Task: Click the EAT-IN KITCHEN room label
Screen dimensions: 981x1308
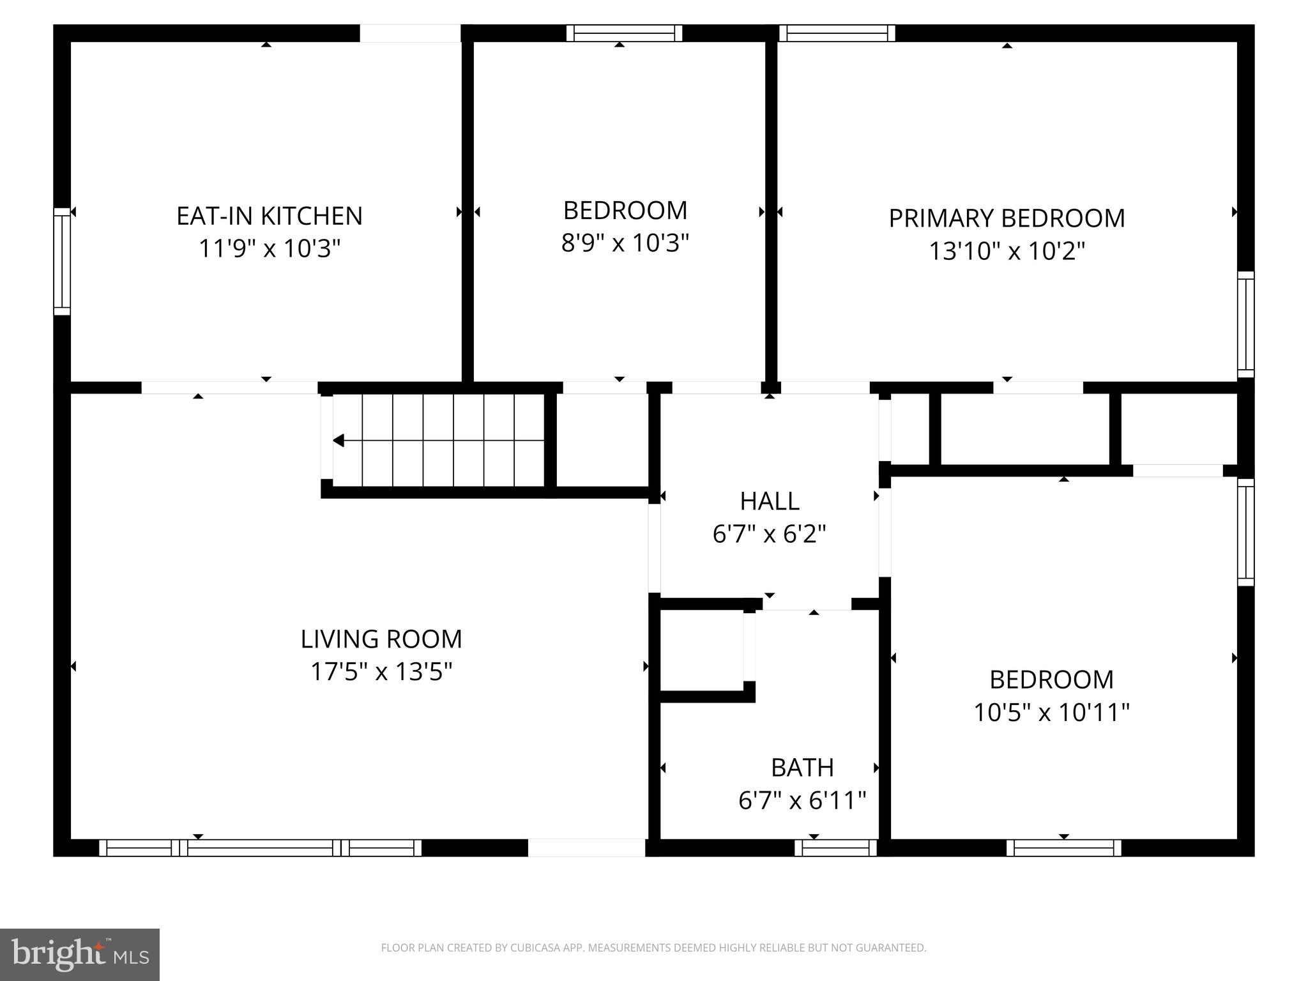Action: point(269,216)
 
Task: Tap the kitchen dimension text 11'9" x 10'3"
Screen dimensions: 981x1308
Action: point(269,248)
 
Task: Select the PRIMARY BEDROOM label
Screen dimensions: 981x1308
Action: point(1007,218)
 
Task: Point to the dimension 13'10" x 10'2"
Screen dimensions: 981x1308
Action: point(1007,251)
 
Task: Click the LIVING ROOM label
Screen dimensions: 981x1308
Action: point(381,639)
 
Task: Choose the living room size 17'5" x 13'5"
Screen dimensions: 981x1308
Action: point(381,672)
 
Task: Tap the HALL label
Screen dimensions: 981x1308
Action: point(769,501)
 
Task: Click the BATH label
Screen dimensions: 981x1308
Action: point(802,768)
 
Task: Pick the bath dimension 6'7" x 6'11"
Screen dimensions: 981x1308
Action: point(802,800)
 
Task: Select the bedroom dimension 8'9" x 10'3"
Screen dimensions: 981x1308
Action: point(625,243)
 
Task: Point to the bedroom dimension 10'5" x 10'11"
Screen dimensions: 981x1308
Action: point(1051,712)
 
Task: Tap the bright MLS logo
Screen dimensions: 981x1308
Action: point(80,954)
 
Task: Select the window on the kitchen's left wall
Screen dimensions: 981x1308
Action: point(62,261)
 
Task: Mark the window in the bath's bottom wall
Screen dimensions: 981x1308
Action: point(835,848)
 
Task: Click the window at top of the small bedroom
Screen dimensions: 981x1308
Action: point(624,33)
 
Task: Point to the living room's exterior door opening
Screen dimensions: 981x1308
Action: point(586,848)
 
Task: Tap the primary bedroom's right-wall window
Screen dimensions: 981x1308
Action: point(1245,324)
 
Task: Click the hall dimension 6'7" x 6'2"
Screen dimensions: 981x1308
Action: point(769,534)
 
